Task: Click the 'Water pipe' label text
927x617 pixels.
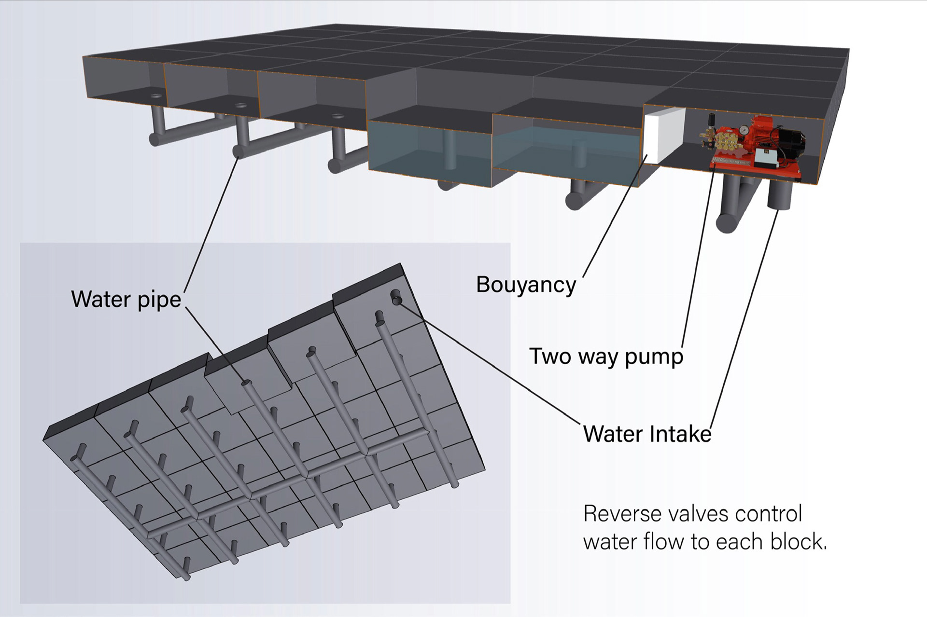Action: pyautogui.click(x=126, y=299)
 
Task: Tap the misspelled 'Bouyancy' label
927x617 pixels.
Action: pyautogui.click(x=526, y=285)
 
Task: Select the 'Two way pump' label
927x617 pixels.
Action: pyautogui.click(x=606, y=356)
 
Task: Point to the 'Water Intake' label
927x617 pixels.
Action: pyautogui.click(x=647, y=434)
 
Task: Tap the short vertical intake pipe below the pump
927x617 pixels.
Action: pyautogui.click(x=779, y=195)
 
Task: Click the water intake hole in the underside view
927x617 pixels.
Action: pyautogui.click(x=397, y=301)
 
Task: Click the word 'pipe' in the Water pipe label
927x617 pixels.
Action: pyautogui.click(x=159, y=300)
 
